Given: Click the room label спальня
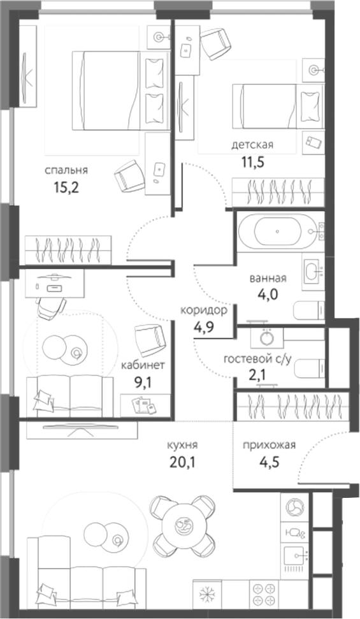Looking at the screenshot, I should tap(66, 170).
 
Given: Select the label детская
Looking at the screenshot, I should tap(252, 145).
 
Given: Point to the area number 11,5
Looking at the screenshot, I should tap(252, 161).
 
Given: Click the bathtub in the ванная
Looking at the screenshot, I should tap(277, 233).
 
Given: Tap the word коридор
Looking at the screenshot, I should tap(203, 310).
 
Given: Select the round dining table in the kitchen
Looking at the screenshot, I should tap(182, 526).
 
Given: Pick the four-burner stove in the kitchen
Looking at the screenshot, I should tap(264, 595).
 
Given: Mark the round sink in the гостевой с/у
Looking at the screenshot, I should tap(266, 338).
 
